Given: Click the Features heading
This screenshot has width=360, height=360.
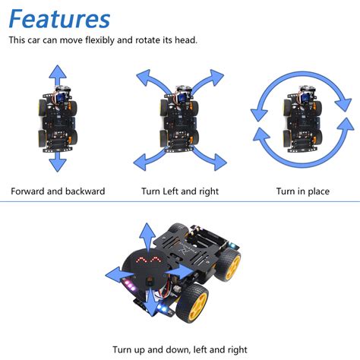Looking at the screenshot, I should (59, 18).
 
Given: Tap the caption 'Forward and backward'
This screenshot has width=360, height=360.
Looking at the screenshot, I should (58, 191).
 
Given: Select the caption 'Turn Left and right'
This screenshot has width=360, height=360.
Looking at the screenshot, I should (180, 191).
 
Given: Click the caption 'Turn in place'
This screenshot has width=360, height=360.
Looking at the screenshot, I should (302, 191).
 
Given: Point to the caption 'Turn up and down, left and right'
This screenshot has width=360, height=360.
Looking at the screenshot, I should (180, 349).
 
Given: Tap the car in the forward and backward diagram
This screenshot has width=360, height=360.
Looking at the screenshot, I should (58, 119).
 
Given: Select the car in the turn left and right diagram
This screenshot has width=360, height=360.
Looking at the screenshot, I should (180, 120).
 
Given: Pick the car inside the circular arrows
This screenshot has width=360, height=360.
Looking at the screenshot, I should (302, 119).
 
